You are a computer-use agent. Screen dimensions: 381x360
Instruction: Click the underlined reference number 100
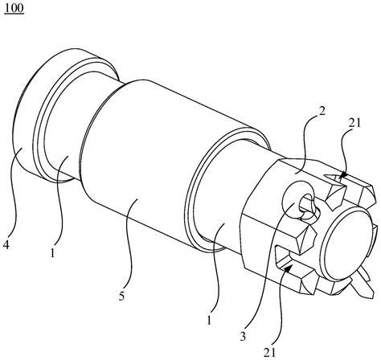14,8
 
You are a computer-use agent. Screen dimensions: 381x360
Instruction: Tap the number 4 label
6,245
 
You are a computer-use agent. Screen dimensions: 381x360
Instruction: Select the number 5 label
122,297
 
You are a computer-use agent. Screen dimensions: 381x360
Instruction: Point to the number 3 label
243,337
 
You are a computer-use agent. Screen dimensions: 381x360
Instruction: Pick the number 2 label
322,111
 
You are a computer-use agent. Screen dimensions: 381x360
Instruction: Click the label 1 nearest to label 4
53,252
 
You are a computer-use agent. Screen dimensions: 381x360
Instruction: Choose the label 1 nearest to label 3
209,320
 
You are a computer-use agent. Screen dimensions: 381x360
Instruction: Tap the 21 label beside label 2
354,123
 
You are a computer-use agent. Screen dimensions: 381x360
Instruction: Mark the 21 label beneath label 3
270,353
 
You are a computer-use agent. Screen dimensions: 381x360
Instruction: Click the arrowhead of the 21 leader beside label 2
342,175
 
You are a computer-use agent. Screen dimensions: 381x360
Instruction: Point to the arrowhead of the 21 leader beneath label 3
288,268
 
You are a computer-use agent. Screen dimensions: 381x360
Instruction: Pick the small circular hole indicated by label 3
308,206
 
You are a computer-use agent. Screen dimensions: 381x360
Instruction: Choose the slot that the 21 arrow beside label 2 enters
335,179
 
